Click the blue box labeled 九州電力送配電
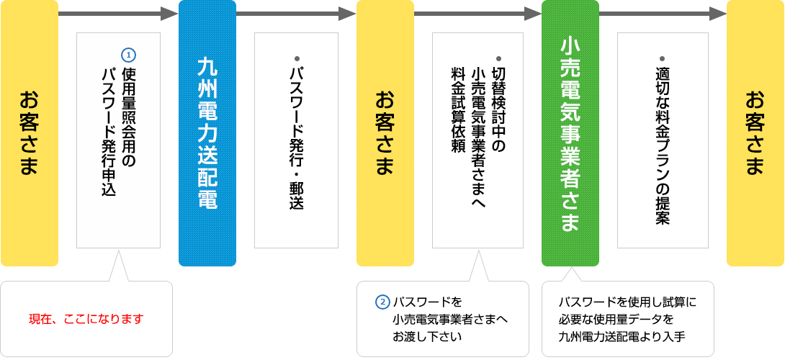pos(207,133)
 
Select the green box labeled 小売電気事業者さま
pos(570,133)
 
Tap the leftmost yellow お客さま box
pos(29,133)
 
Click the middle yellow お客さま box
pos(385,133)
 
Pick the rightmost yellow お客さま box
pos(755,133)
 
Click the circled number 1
pos(129,55)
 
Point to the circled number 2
pos(383,302)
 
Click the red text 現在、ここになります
pos(86,318)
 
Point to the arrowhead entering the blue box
pos(169,14)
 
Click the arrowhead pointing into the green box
pos(533,14)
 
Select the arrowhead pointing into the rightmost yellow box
pos(718,14)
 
